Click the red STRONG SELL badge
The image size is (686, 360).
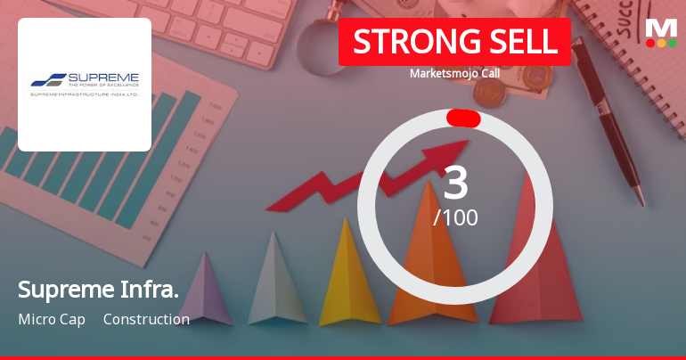coord(454,42)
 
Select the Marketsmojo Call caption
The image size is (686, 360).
coord(454,73)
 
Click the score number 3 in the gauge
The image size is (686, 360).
coord(455,184)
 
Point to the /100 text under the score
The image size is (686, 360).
coord(455,217)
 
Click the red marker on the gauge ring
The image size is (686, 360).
coord(463,119)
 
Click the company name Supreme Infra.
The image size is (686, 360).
coord(98,290)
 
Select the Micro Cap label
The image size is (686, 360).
coord(52,319)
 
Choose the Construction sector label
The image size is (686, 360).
coord(146,319)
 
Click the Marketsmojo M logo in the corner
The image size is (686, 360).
coord(661,26)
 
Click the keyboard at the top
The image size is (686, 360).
coord(223,27)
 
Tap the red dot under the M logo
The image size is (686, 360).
coord(650,42)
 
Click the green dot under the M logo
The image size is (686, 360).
coord(673,42)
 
